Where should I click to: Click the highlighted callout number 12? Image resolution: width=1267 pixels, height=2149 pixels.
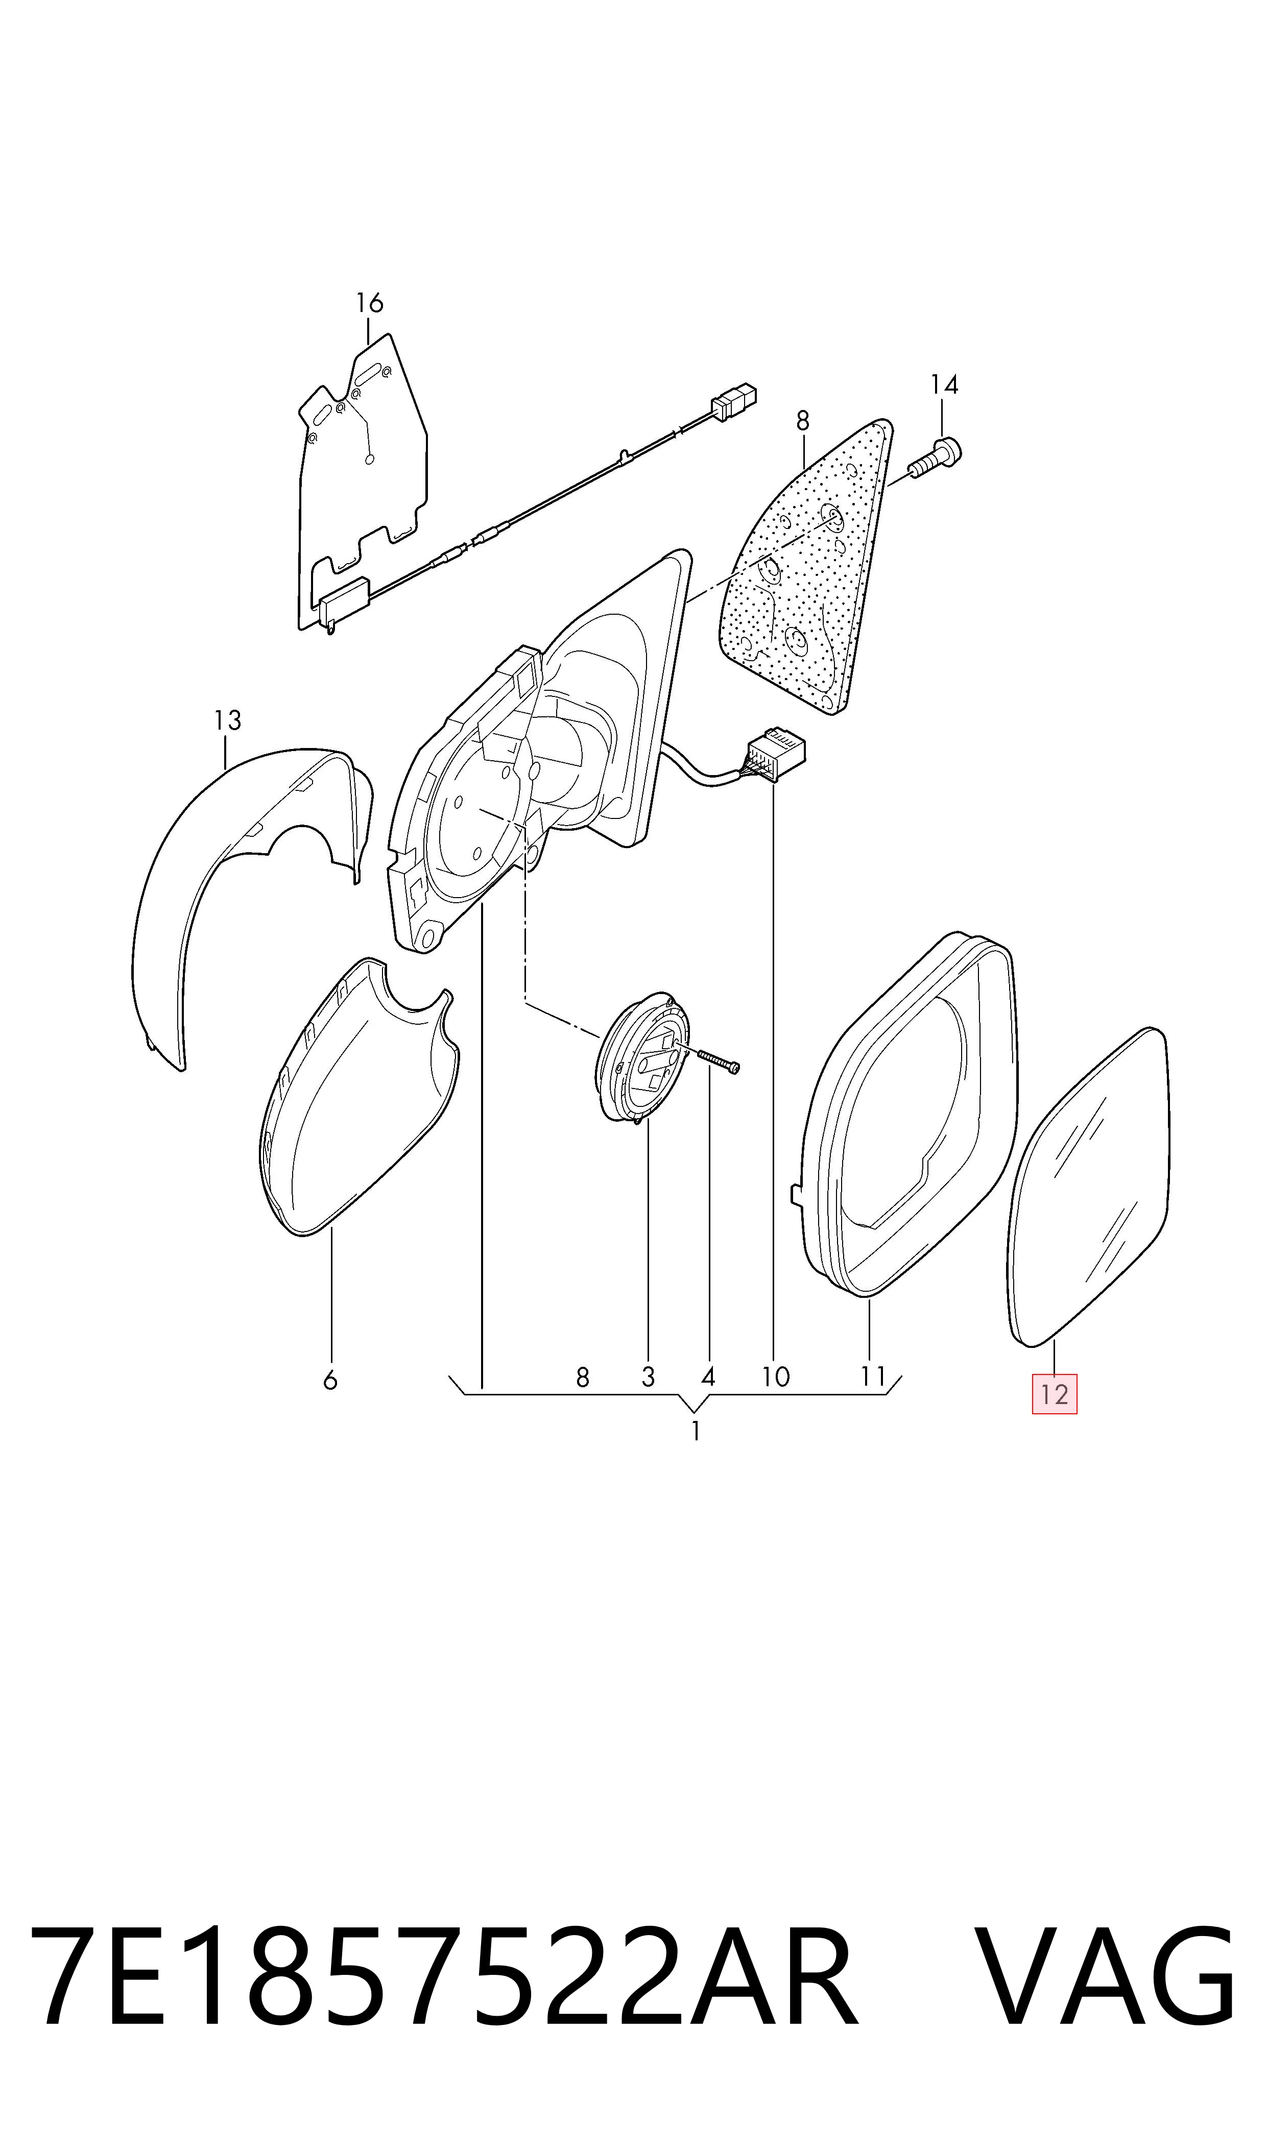(x=1055, y=1394)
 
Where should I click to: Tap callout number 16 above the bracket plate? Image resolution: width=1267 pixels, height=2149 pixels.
(x=370, y=303)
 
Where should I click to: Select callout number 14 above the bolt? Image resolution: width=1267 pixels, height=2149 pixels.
(x=944, y=385)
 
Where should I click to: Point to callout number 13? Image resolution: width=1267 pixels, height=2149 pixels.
(x=228, y=720)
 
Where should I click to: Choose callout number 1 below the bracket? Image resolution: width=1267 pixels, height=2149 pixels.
(x=696, y=1431)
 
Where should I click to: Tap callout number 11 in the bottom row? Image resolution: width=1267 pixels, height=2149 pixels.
(x=873, y=1376)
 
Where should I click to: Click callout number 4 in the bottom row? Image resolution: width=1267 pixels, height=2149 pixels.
(x=708, y=1376)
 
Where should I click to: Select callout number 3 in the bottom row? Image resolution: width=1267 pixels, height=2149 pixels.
(x=648, y=1376)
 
